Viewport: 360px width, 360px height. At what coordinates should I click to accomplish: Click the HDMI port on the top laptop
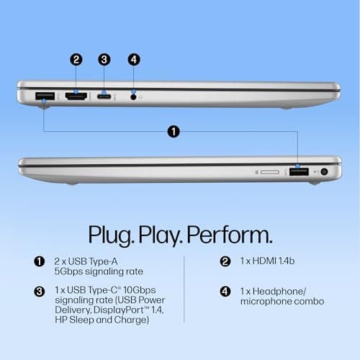tap(76, 96)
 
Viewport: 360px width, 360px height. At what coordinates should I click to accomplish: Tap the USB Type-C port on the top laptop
tap(104, 96)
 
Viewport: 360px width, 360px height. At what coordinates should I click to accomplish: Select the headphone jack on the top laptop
tap(133, 97)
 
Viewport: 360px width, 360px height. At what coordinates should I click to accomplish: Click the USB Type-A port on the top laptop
tap(45, 96)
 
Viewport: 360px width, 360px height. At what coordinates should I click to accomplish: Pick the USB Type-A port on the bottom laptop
tap(299, 172)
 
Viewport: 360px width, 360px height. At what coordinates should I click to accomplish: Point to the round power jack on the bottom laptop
tap(324, 171)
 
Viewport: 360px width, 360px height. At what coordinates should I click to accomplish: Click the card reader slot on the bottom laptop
tap(270, 172)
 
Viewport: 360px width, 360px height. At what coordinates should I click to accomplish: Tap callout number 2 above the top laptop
tap(76, 60)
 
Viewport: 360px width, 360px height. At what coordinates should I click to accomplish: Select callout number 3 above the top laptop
tap(104, 60)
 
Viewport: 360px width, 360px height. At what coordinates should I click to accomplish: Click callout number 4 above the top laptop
tap(134, 60)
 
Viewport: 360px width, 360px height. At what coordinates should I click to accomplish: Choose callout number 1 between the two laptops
tap(174, 132)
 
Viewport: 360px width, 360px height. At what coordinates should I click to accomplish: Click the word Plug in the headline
tap(110, 235)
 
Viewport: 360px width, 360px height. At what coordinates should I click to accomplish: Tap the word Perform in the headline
tap(230, 235)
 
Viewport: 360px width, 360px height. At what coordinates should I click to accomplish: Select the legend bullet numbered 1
tap(40, 261)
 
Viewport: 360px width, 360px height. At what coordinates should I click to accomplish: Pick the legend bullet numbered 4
tap(225, 292)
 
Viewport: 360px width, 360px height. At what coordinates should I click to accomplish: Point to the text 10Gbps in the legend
tap(139, 290)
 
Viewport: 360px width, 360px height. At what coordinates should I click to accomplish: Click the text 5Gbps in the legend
tap(68, 271)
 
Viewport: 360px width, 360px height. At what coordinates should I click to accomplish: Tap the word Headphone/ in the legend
tap(279, 292)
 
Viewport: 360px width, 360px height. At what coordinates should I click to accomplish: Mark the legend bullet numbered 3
tap(40, 292)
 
